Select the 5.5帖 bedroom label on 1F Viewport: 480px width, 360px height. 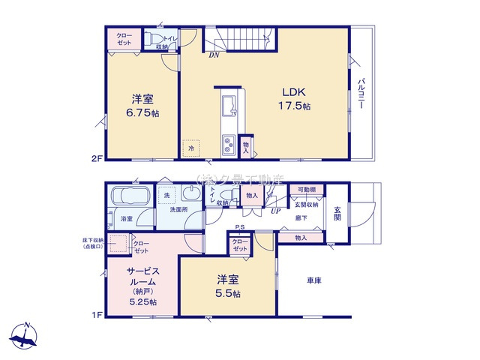click(x=227, y=286)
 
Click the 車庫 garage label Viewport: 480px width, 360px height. click(x=314, y=281)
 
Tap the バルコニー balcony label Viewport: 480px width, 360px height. click(x=361, y=93)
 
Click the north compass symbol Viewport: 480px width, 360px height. click(x=25, y=335)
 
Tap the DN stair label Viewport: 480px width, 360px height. click(x=214, y=54)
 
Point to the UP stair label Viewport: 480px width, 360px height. click(x=275, y=211)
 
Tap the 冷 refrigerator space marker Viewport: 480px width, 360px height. click(x=191, y=148)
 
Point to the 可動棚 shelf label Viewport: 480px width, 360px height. click(x=305, y=190)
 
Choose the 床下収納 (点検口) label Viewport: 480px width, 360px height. click(x=94, y=243)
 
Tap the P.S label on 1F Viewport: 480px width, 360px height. click(x=240, y=227)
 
